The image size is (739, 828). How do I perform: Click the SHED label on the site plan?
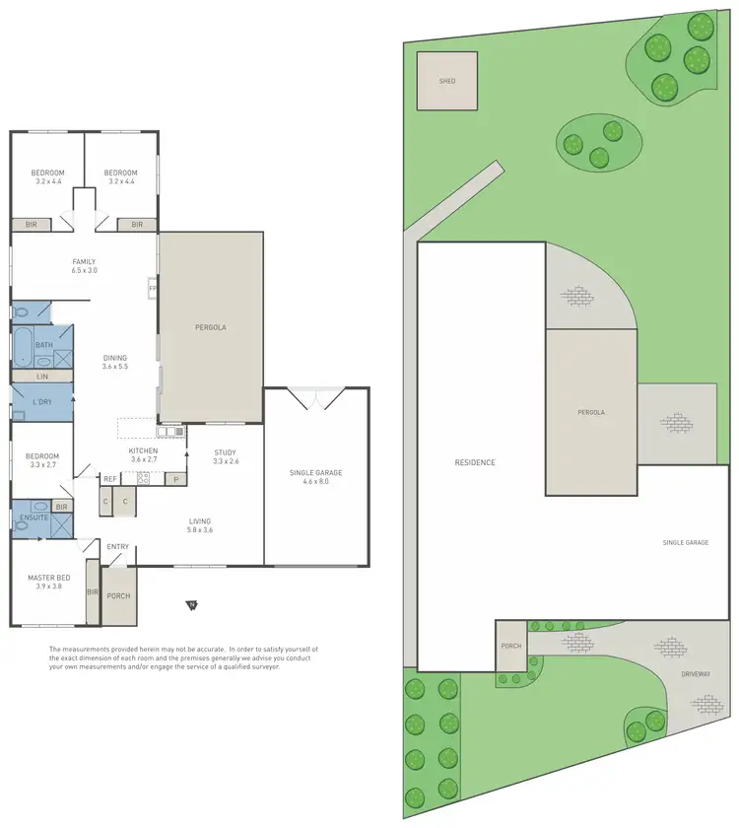click(448, 82)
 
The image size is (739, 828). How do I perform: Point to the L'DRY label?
click(42, 402)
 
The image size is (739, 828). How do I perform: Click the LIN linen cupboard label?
click(42, 377)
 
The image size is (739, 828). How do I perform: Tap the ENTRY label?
click(117, 547)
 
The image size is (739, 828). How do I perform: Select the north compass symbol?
click(193, 604)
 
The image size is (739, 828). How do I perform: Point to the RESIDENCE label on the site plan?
click(475, 462)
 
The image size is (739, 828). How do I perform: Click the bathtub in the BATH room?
click(21, 347)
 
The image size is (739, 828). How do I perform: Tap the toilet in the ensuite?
click(21, 525)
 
